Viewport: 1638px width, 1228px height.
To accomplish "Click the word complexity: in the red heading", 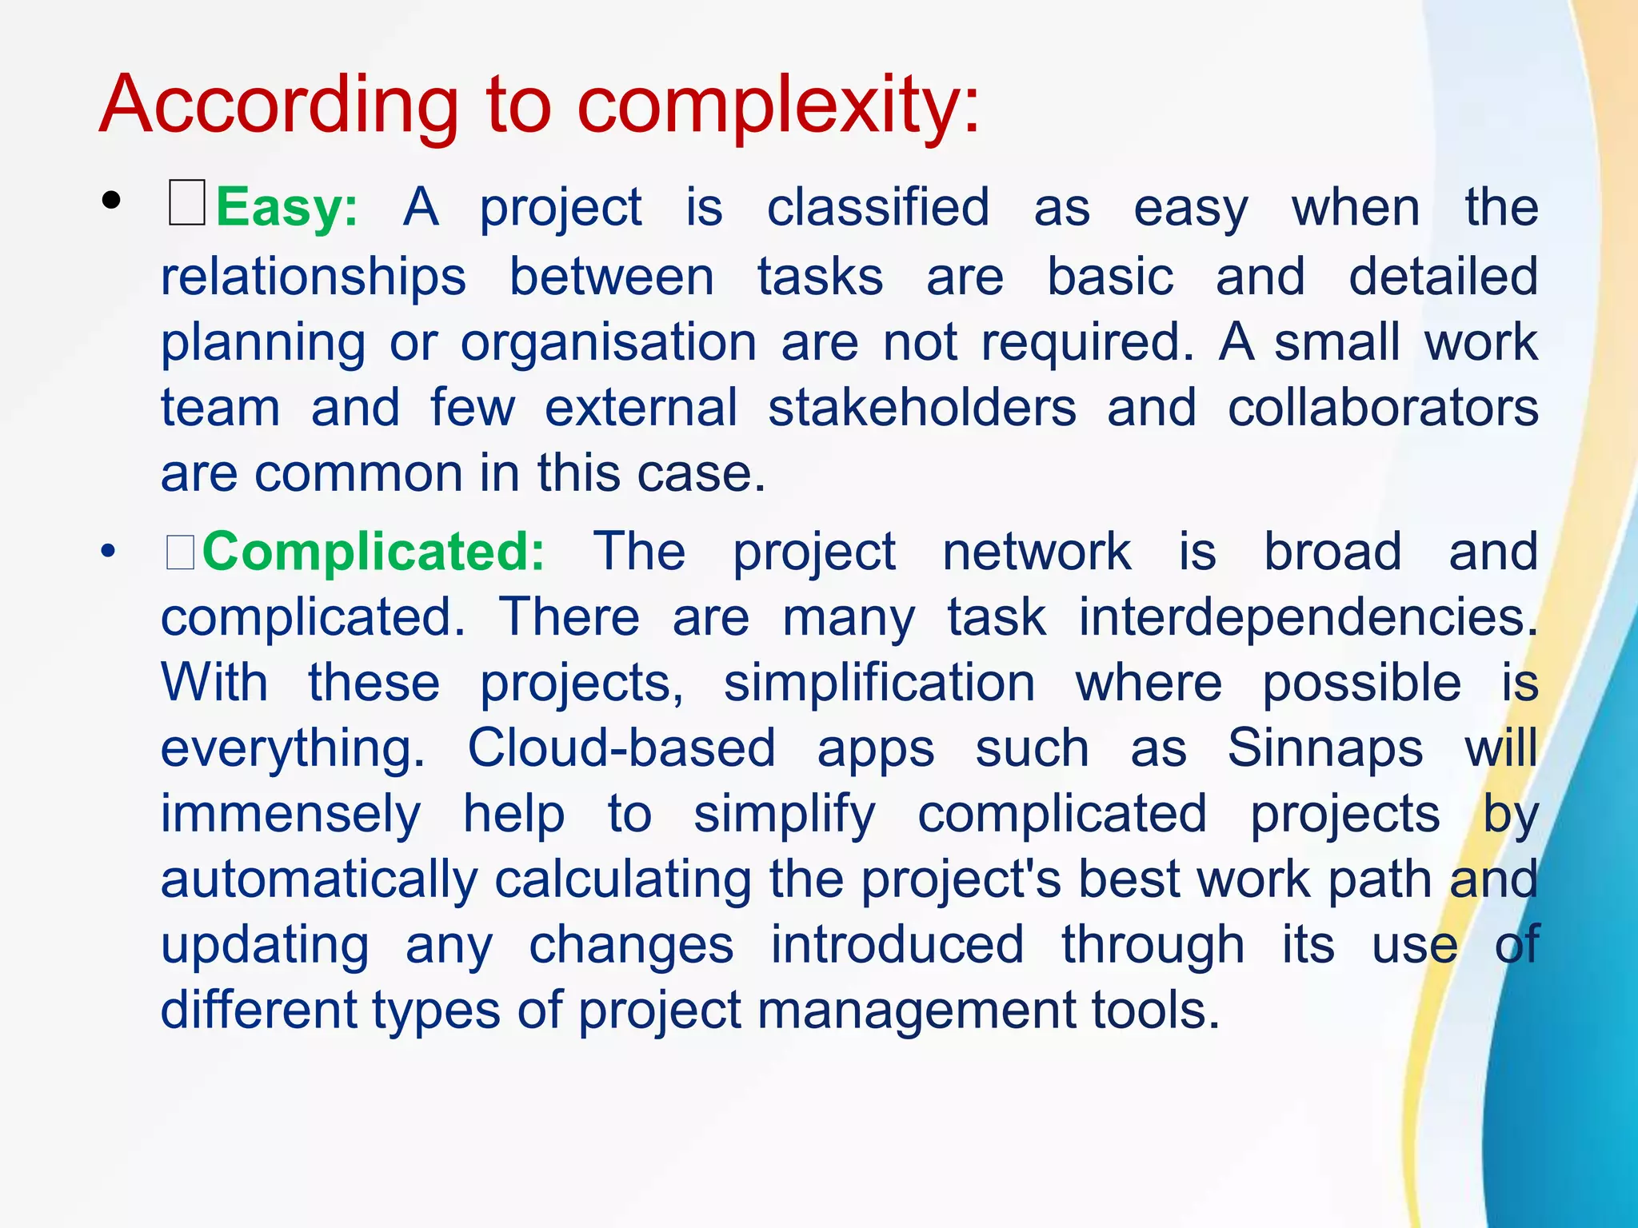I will point(777,106).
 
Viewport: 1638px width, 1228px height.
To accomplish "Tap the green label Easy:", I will point(286,208).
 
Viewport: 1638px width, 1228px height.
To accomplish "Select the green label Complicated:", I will point(374,552).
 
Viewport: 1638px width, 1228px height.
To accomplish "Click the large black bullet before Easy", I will point(111,201).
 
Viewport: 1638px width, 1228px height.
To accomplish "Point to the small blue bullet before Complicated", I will point(108,552).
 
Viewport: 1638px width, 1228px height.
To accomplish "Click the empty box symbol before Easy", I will point(186,204).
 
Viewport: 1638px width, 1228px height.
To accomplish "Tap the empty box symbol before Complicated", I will point(180,552).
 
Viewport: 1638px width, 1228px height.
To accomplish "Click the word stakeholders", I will point(921,408).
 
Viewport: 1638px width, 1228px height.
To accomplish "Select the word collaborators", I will point(1382,408).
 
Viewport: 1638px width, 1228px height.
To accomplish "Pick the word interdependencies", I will point(1307,618).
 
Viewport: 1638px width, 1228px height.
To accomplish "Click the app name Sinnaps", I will point(1324,749).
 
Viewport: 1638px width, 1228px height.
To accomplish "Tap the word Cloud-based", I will point(621,749).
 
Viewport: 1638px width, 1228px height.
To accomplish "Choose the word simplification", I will point(879,684).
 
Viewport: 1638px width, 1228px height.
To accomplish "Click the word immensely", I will point(290,815).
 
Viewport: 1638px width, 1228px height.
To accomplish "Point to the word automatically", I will point(318,879).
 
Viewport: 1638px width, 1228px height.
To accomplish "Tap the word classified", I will point(877,208).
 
